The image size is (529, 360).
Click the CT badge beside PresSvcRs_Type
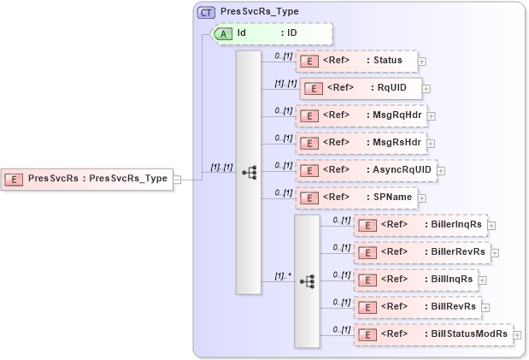click(206, 13)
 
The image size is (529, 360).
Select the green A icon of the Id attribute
click(224, 33)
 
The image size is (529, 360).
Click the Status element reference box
click(356, 61)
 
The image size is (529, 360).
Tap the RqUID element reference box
click(360, 88)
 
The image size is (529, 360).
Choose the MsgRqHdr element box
click(361, 115)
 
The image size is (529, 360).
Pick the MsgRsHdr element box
click(360, 142)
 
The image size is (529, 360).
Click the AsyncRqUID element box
click(365, 169)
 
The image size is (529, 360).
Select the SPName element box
click(356, 197)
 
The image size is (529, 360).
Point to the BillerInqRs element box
click(420, 225)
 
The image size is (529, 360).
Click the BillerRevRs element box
click(421, 252)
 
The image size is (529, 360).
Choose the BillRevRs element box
click(417, 306)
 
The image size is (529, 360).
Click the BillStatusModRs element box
click(433, 333)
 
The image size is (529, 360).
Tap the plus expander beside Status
click(422, 62)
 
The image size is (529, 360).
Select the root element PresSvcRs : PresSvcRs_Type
click(87, 179)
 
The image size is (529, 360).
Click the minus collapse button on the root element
click(178, 180)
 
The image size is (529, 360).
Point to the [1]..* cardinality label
click(282, 276)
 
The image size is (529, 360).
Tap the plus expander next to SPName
click(422, 198)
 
